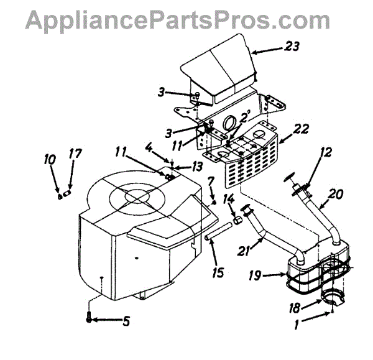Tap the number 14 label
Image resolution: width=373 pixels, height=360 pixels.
click(228, 199)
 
